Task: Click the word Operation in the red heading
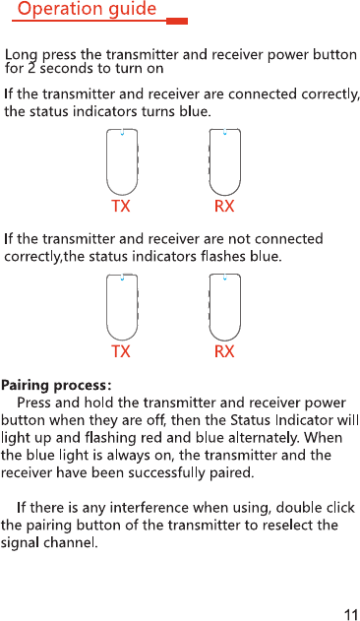point(55,9)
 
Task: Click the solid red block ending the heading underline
point(177,21)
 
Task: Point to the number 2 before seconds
point(31,69)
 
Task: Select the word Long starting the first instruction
point(22,55)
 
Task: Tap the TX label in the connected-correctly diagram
point(120,207)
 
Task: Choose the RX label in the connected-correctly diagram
point(224,207)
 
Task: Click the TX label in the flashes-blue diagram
point(120,351)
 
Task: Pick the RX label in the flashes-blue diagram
point(224,351)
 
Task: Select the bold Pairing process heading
point(56,386)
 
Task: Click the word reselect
point(288,526)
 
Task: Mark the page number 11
point(351,614)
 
